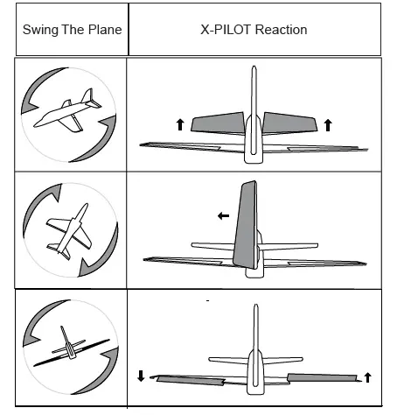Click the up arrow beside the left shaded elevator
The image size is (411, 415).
(x=180, y=125)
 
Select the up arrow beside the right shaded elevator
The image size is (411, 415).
(x=328, y=125)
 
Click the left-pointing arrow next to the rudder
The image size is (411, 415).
(x=224, y=214)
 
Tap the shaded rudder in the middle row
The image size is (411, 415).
(x=245, y=224)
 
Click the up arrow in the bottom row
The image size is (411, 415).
(x=367, y=376)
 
